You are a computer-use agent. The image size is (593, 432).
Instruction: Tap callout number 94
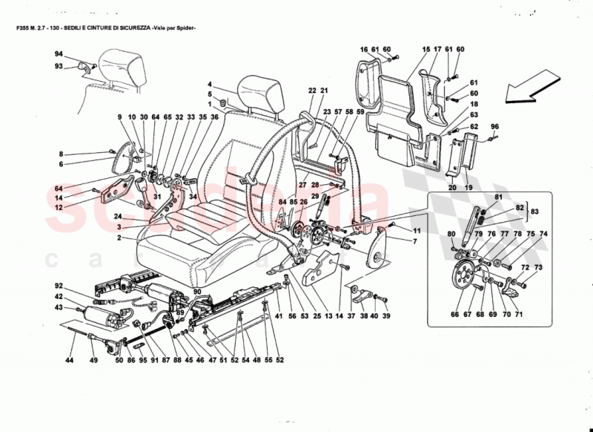point(59,55)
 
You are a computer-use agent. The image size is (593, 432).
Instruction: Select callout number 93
point(59,66)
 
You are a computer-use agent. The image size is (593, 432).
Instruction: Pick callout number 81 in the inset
point(498,197)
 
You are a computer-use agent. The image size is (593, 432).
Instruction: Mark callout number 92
point(59,286)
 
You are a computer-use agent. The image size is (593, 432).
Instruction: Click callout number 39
point(385,315)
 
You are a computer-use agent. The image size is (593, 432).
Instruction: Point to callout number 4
point(210,84)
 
